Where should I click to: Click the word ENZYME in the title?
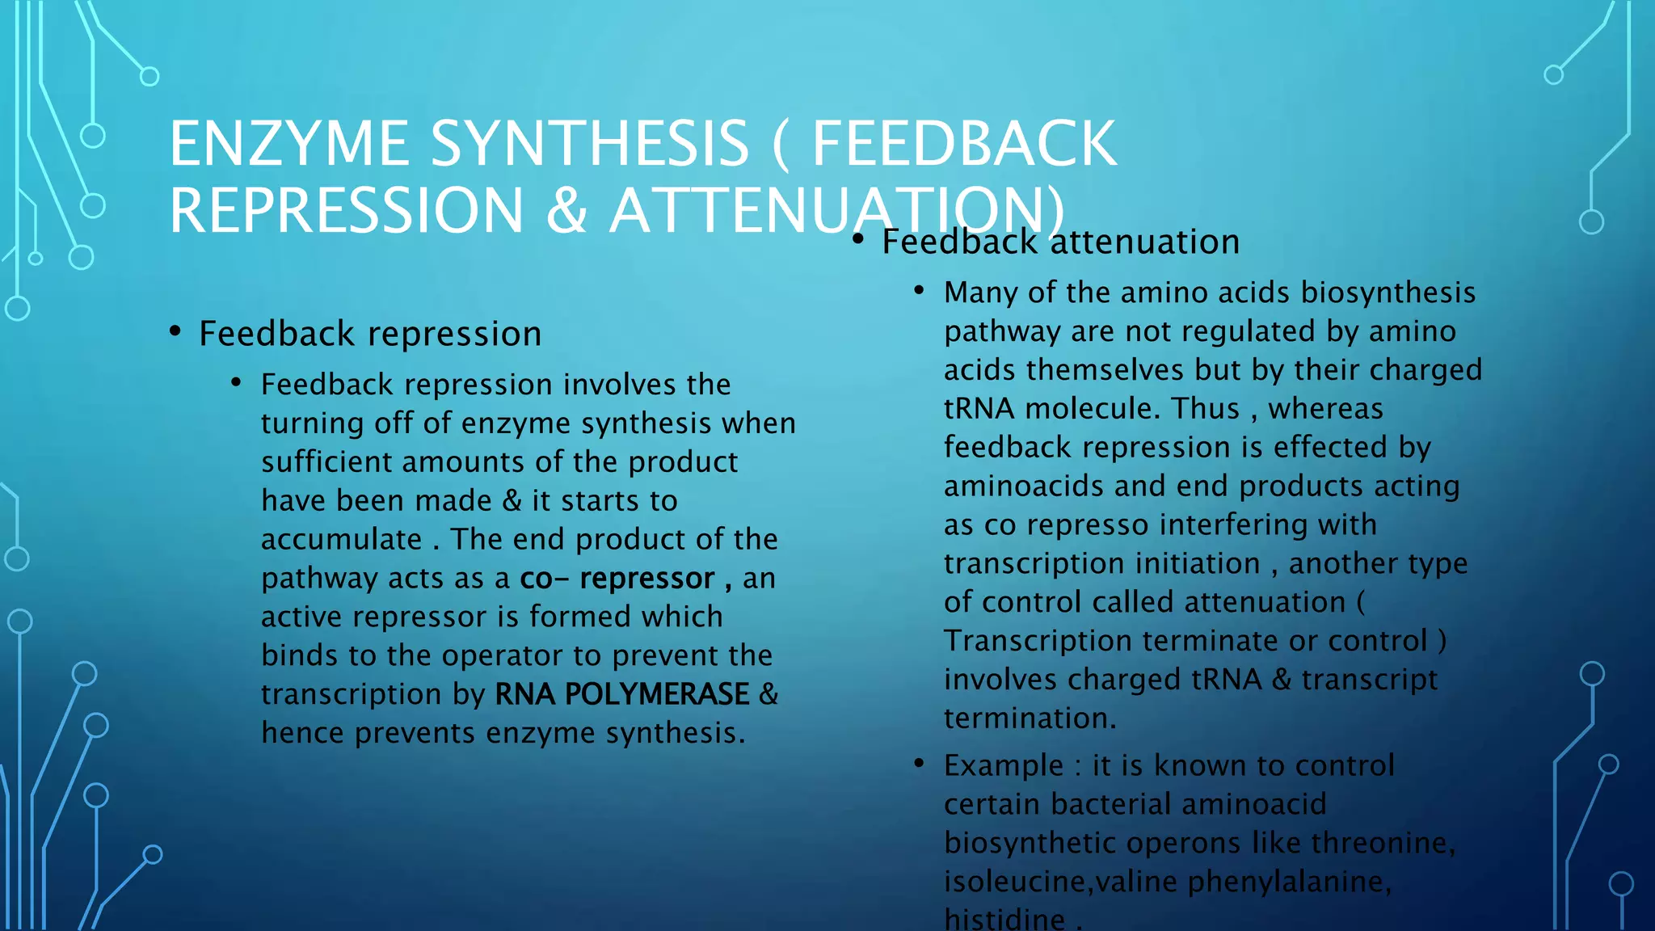288,144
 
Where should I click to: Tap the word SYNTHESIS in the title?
590,144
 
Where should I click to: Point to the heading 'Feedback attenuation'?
1060,242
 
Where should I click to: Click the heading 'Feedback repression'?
370,335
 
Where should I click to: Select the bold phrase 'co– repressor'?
617,579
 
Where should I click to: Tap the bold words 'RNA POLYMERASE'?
622,694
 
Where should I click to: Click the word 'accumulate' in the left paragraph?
341,540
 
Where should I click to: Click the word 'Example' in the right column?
1004,765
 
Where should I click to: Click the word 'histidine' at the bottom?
1004,919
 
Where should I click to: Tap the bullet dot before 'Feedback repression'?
175,331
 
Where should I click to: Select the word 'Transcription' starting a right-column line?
1038,641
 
